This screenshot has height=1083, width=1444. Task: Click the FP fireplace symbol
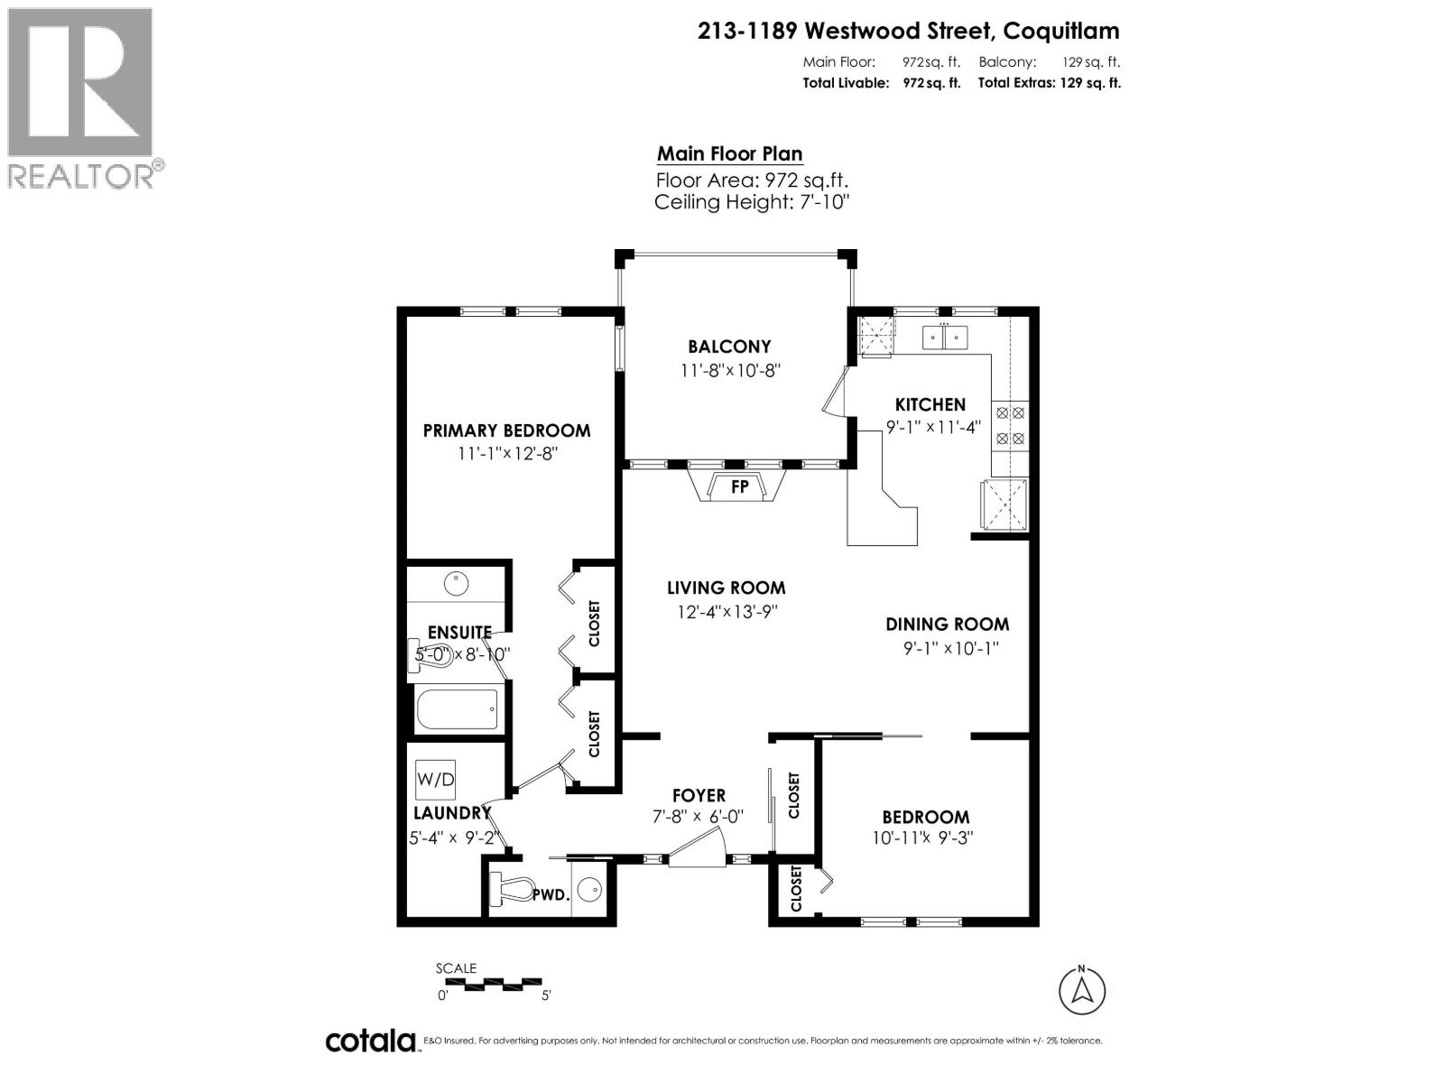pyautogui.click(x=739, y=486)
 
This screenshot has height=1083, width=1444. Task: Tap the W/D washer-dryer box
pyautogui.click(x=435, y=776)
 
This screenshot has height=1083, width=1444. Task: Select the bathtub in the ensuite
pyautogui.click(x=457, y=709)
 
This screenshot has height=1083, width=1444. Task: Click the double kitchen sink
pyautogui.click(x=944, y=338)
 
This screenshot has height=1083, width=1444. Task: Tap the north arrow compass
pyautogui.click(x=1083, y=990)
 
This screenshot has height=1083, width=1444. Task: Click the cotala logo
pyautogui.click(x=370, y=1041)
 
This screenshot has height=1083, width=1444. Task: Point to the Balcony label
pyautogui.click(x=729, y=347)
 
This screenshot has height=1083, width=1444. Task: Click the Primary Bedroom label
pyautogui.click(x=506, y=430)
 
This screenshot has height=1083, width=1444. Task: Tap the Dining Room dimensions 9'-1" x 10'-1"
pyautogui.click(x=946, y=648)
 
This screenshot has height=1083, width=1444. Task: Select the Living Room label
pyautogui.click(x=726, y=588)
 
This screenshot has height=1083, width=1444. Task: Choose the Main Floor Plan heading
pyautogui.click(x=729, y=153)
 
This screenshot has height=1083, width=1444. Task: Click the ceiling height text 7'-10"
pyautogui.click(x=752, y=201)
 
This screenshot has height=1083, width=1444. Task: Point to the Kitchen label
pyautogui.click(x=930, y=404)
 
